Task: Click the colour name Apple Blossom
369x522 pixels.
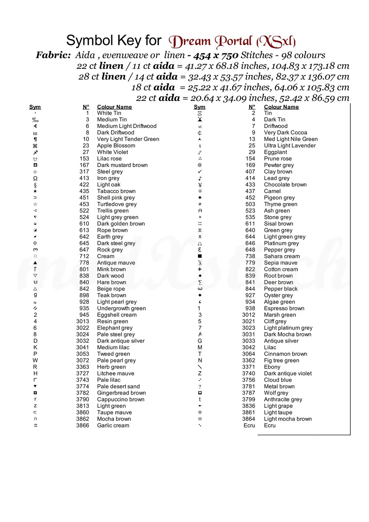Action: coord(116,145)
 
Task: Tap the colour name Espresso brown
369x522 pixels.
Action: coord(284,308)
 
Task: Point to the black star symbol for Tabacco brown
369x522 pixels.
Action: coord(35,191)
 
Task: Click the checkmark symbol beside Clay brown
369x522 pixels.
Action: coord(200,172)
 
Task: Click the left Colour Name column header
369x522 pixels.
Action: coord(114,107)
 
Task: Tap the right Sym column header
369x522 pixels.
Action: coord(199,107)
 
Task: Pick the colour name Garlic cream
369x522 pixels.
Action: coord(113,425)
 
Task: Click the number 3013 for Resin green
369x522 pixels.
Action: coord(83,321)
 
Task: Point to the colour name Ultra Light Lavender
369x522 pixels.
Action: coord(290,145)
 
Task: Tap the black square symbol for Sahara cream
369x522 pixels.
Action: coord(200,256)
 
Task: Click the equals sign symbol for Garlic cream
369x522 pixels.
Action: coord(36,425)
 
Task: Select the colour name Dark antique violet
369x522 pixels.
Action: coord(288,373)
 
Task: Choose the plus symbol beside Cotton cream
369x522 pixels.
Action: coord(200,269)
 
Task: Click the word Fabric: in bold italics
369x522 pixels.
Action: coord(53,55)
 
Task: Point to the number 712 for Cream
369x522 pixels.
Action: coord(84,256)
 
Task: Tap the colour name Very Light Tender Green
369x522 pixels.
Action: coord(128,139)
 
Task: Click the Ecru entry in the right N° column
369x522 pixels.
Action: coord(249,425)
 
